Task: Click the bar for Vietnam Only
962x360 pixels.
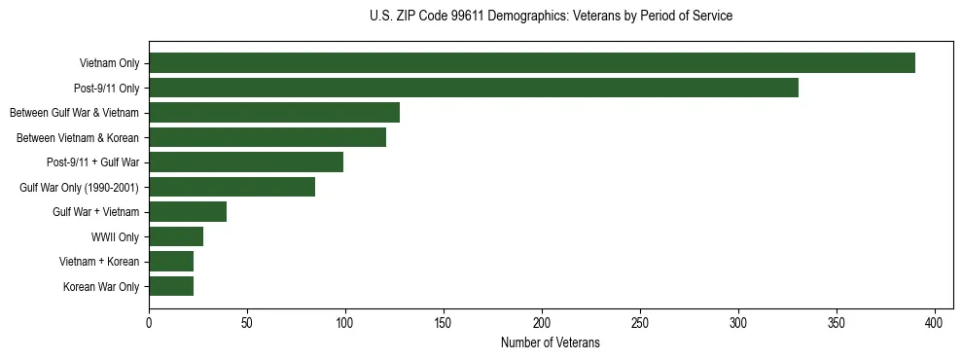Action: point(531,63)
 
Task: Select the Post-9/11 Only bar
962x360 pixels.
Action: point(473,88)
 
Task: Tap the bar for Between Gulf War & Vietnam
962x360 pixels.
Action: point(274,113)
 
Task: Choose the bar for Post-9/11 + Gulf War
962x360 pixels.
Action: point(246,162)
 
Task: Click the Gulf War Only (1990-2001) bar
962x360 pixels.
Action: point(232,187)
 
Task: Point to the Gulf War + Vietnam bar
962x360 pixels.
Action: point(188,212)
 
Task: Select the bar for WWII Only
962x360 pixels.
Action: point(176,236)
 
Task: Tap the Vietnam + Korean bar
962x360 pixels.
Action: point(171,262)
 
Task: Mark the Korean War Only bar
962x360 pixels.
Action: point(171,286)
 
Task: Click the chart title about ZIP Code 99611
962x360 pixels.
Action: point(551,17)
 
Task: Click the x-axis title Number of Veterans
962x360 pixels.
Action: point(550,343)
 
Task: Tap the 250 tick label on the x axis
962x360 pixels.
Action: point(640,322)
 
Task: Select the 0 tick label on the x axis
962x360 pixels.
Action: point(149,322)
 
